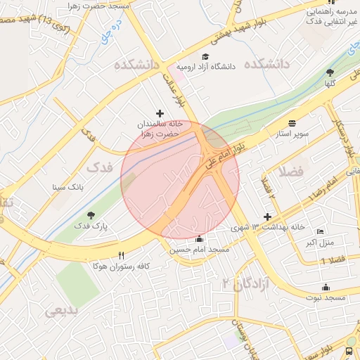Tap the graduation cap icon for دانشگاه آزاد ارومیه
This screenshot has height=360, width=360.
(x=205, y=57)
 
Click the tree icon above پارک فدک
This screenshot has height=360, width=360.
(x=90, y=215)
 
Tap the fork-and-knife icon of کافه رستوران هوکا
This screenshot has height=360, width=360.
(x=122, y=255)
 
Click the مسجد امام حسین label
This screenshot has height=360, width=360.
(x=199, y=250)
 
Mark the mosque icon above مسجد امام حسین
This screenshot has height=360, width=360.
(x=200, y=239)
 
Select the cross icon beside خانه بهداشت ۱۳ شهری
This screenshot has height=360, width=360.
(x=267, y=217)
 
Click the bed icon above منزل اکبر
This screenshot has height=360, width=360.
(x=321, y=232)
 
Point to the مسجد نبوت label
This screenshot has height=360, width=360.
(x=326, y=298)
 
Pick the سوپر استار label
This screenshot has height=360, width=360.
(x=290, y=132)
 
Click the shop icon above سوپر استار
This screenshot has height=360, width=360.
(x=292, y=122)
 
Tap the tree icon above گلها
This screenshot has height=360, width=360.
(x=330, y=73)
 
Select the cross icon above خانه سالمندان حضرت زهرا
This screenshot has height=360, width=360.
(x=160, y=112)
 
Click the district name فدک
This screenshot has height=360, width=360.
(x=99, y=169)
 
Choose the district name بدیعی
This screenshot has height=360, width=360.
(x=63, y=311)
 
